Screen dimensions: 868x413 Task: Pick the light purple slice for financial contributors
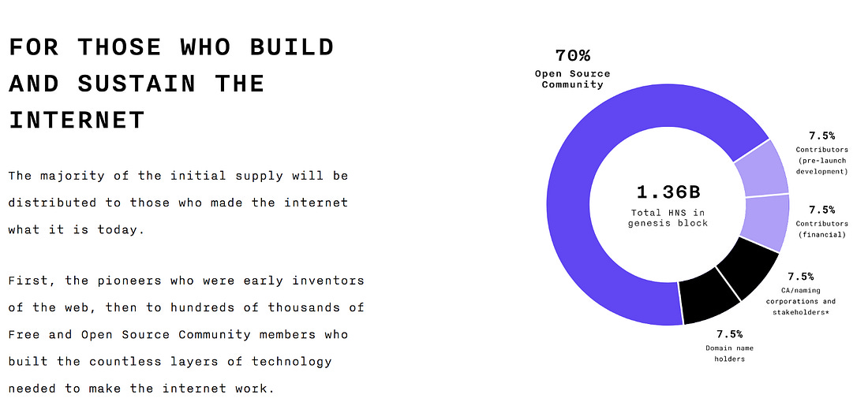(768, 221)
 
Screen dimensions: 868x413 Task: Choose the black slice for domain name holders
(709, 299)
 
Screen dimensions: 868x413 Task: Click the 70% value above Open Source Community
(573, 55)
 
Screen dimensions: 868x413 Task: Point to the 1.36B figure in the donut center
(668, 192)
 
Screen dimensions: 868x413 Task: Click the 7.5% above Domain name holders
(730, 334)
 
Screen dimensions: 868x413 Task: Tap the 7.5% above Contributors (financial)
(821, 210)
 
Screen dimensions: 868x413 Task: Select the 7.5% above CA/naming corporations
(800, 277)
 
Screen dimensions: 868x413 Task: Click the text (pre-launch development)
(821, 166)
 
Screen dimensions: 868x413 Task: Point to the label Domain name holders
(730, 354)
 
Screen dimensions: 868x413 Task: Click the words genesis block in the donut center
(668, 223)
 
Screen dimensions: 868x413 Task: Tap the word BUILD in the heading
(292, 47)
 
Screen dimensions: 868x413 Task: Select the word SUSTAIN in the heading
(137, 84)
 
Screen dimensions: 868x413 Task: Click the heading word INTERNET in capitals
(77, 120)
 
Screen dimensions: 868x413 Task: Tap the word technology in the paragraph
(292, 362)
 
